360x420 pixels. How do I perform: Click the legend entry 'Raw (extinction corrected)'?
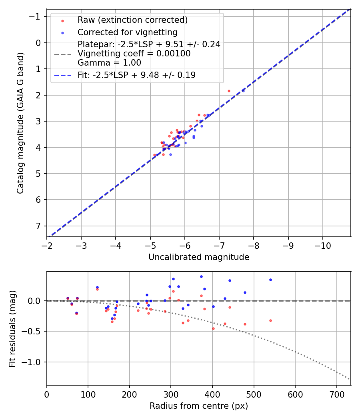pos(132,20)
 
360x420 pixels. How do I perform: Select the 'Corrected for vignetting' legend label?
pos(128,32)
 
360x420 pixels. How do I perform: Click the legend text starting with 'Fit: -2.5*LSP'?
pos(136,75)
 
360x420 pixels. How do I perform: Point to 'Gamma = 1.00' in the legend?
pos(109,62)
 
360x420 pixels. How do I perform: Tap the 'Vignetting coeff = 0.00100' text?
pos(134,54)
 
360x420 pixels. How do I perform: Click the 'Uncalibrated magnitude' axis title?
pos(199,257)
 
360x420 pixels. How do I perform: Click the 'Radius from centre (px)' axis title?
pos(199,406)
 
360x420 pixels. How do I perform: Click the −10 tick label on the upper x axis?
pos(323,245)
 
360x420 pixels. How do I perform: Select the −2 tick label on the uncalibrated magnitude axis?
pos(47,245)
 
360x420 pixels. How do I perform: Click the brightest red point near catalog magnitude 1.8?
pos(229,91)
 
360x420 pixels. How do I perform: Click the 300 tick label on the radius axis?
pos(171,394)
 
